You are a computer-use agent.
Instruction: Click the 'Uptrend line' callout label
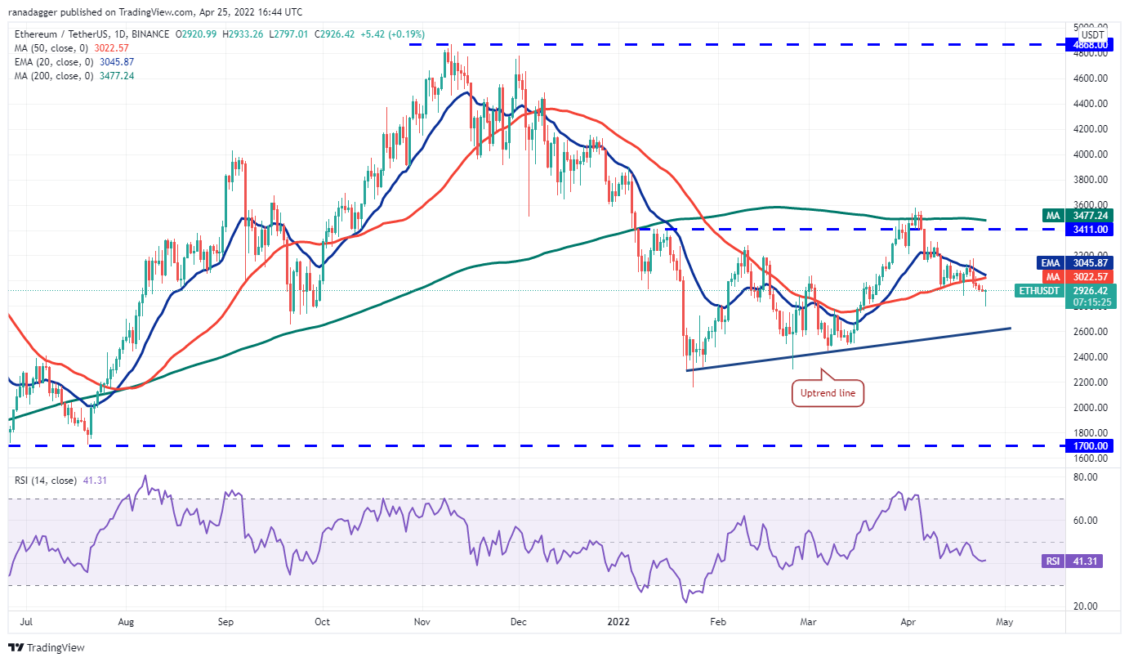click(x=828, y=393)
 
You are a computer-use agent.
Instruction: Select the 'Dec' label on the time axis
click(x=518, y=622)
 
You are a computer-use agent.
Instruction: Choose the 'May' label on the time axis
click(x=1004, y=622)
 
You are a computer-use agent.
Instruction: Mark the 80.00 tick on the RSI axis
click(x=1089, y=476)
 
